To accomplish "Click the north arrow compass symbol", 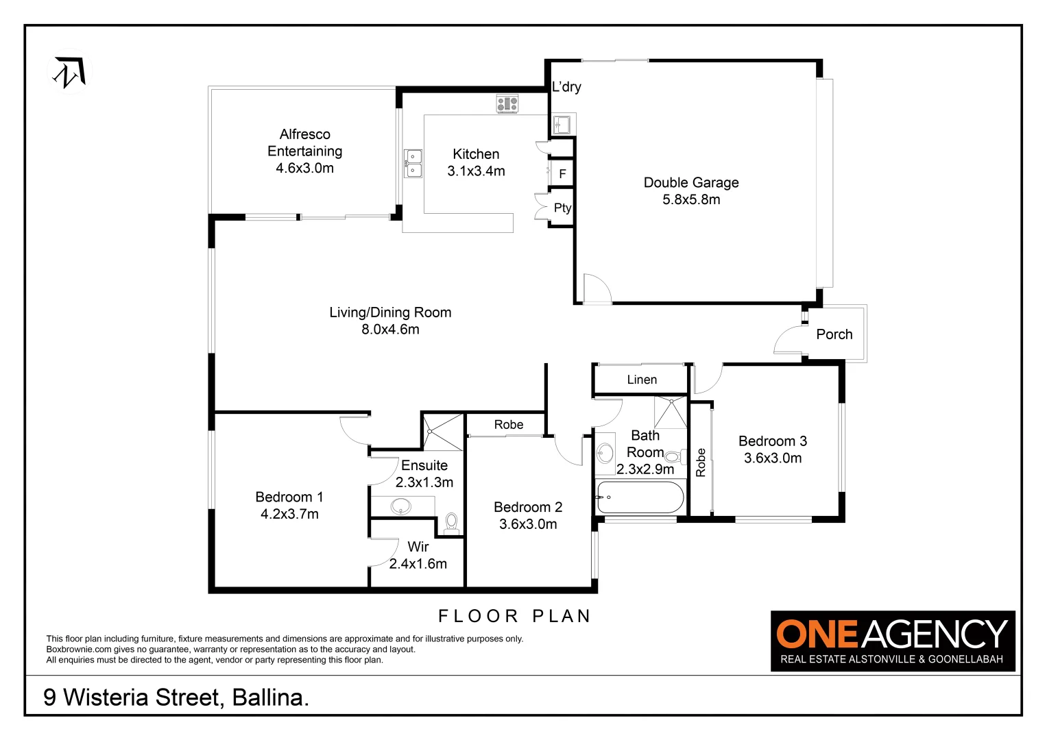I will coord(69,73).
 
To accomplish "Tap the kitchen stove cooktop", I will coord(507,104).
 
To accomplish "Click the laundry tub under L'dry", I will coord(563,125).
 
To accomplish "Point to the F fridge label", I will coord(562,174).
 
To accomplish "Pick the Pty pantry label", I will coord(562,208).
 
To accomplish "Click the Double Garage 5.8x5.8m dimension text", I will coord(691,199).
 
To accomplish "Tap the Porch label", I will coord(834,334).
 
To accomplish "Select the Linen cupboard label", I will coord(642,380).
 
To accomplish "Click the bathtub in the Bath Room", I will coord(640,497).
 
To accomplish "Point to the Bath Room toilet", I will coord(673,456).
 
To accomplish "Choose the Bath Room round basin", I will coord(605,453).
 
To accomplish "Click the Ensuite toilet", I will coord(451,523).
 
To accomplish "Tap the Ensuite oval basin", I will coord(401,507).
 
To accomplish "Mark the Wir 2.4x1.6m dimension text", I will coord(418,564).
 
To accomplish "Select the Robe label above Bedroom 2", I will coord(508,425).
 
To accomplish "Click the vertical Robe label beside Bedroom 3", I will coord(701,462).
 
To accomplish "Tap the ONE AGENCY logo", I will coord(892,640).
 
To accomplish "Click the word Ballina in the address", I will coord(270,698).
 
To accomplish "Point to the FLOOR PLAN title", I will coord(514,616).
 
